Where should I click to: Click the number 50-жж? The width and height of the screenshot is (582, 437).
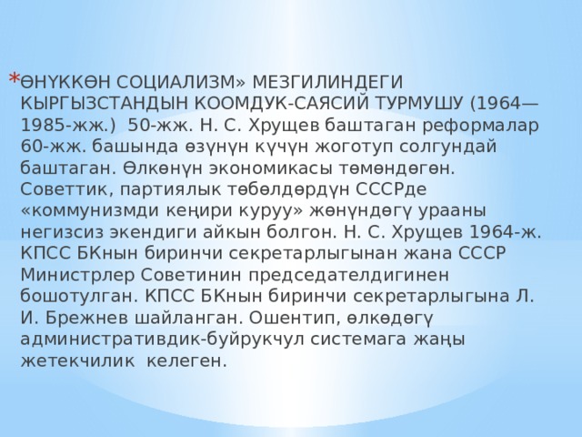coord(154,124)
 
